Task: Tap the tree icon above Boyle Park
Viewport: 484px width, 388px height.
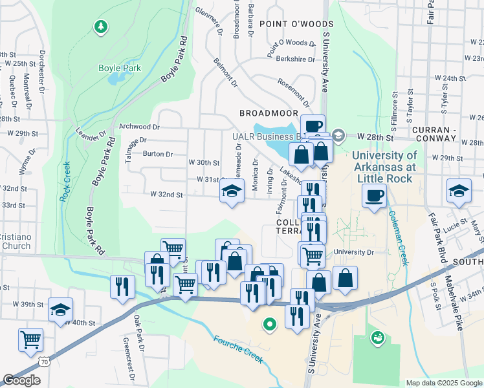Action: coord(100,27)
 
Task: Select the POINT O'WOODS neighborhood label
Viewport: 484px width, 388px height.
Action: coord(287,24)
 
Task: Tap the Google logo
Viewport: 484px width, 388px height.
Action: coord(21,380)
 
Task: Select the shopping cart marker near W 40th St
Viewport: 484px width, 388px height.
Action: coord(31,339)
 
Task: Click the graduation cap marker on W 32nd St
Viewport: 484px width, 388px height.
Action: coord(232,191)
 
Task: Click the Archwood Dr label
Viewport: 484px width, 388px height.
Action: coord(138,127)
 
